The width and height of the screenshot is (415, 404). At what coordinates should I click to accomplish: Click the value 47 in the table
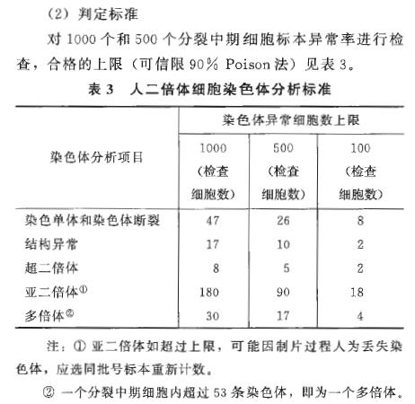214,219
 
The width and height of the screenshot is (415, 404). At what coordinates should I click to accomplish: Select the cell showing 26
287,219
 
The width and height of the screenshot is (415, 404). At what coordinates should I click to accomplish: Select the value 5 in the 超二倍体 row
287,267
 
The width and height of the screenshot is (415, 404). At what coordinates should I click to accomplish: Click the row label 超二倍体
49,267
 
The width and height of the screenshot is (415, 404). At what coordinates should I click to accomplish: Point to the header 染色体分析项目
96,156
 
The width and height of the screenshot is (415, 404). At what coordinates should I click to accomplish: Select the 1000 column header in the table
214,146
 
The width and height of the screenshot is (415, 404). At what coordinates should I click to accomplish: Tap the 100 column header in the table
358,146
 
